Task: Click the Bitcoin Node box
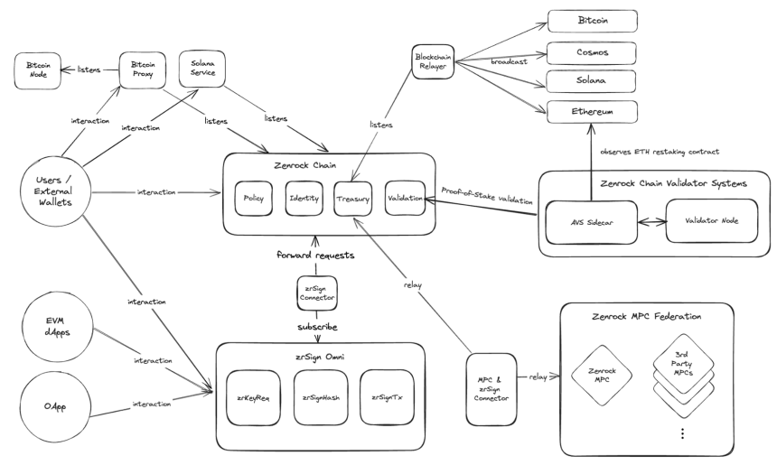(x=38, y=71)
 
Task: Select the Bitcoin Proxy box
(x=143, y=70)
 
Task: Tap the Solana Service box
(x=202, y=69)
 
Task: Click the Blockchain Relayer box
(x=433, y=62)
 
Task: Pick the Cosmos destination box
(x=591, y=53)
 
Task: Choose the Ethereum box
(x=592, y=112)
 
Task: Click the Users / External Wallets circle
(x=55, y=191)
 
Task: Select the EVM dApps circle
(x=58, y=326)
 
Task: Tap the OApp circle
(x=55, y=406)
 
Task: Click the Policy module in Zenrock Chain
(x=254, y=199)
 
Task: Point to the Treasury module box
(x=353, y=199)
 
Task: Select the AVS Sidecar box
(x=591, y=222)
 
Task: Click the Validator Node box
(x=712, y=221)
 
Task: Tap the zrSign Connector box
(x=317, y=293)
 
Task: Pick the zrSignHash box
(x=321, y=397)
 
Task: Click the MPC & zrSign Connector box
(x=491, y=389)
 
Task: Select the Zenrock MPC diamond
(x=602, y=375)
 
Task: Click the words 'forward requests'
(x=315, y=256)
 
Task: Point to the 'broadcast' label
(x=509, y=62)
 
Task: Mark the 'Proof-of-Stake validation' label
(x=487, y=196)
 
